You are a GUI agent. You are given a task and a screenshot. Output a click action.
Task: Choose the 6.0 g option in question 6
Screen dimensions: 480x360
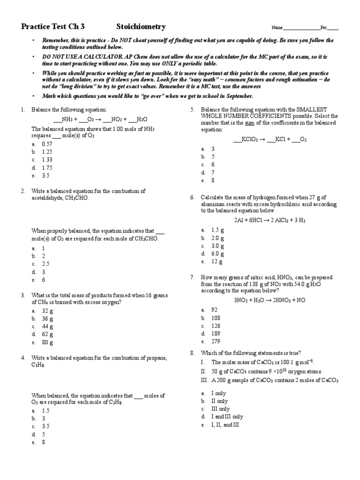point(218,254)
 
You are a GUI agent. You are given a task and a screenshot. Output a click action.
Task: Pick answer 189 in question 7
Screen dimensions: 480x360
point(216,333)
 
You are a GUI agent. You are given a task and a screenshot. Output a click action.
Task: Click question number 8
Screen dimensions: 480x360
point(192,352)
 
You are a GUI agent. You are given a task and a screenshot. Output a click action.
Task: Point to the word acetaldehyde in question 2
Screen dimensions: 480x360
point(46,198)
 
